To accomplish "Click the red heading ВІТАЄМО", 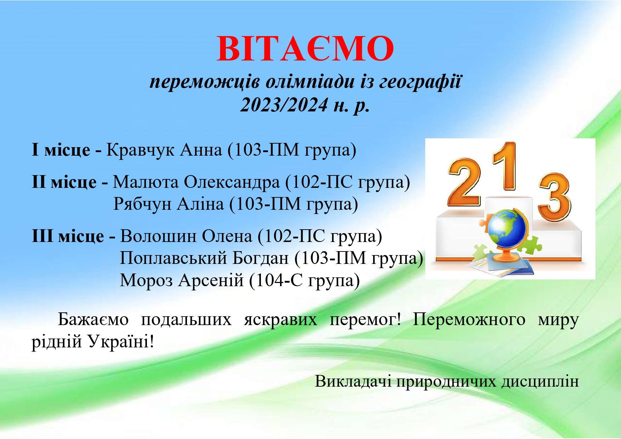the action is point(305,48).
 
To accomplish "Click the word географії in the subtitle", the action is point(421,82).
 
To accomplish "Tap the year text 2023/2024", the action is point(284,105).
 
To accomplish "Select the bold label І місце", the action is point(61,150).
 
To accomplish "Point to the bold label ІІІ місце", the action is point(68,236).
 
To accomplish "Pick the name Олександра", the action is point(232,182).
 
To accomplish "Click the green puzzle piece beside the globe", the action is point(530,244).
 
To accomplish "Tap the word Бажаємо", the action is point(93,319).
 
